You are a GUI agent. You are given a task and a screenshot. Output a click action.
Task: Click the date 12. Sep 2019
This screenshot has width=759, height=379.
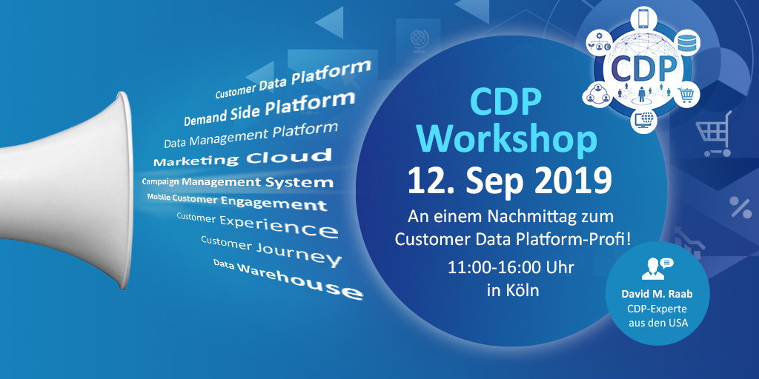pyautogui.click(x=509, y=180)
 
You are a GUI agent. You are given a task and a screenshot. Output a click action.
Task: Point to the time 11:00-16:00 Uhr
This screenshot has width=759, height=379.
pyautogui.click(x=511, y=266)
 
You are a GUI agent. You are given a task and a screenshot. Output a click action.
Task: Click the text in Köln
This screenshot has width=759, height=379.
pyautogui.click(x=512, y=290)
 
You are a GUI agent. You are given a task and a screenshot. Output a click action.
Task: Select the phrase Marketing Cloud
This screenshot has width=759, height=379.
pyautogui.click(x=242, y=158)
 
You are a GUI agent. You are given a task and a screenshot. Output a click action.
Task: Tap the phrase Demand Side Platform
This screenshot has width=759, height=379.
pyautogui.click(x=269, y=108)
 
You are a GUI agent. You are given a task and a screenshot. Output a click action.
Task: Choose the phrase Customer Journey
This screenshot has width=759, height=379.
pyautogui.click(x=271, y=250)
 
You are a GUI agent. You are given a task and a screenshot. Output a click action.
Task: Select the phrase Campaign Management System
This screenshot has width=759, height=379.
pyautogui.click(x=237, y=181)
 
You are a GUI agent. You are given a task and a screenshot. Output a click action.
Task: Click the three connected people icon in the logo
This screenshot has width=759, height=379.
pyautogui.click(x=597, y=95)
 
